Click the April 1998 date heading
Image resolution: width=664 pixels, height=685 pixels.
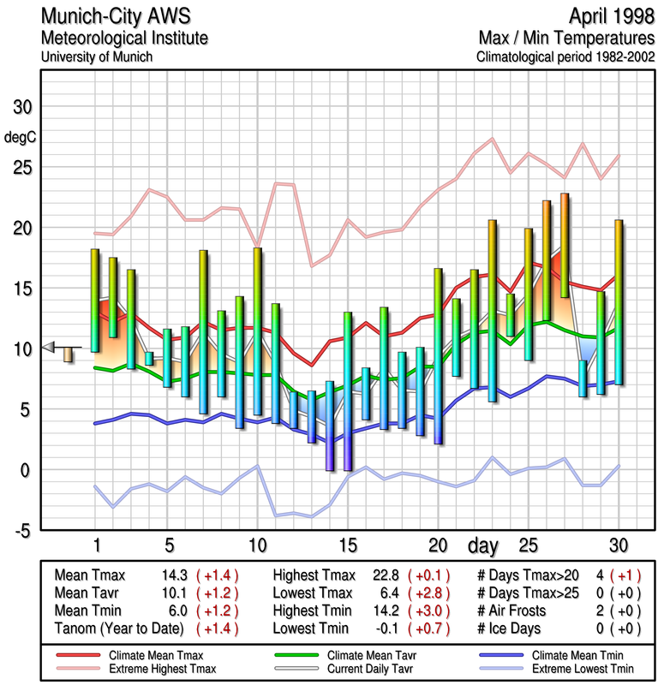point(606,17)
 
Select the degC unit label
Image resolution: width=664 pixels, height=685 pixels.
point(21,137)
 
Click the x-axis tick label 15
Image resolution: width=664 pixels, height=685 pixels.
point(347,545)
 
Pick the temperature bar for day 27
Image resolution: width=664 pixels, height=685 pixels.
point(565,246)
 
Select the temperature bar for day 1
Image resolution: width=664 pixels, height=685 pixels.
point(95,300)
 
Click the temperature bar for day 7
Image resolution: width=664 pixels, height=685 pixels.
point(203,332)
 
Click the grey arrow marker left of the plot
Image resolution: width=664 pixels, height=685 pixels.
point(49,347)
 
